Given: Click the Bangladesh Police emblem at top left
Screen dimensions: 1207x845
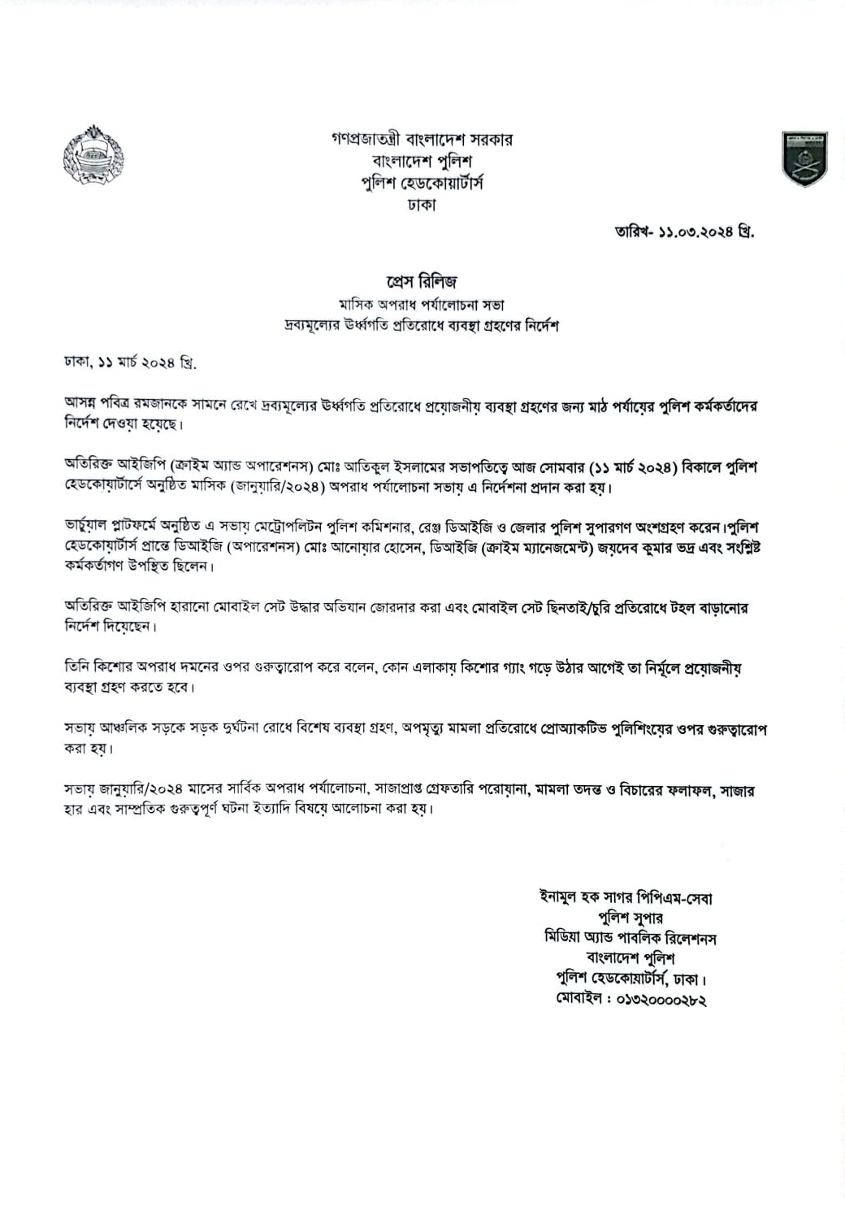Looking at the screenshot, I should click(87, 155).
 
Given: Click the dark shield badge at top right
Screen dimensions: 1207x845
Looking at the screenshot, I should click(804, 158).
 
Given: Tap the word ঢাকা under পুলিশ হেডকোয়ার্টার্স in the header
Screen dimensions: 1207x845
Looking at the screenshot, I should click(422, 205).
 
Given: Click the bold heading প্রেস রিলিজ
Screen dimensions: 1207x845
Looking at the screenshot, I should click(422, 281).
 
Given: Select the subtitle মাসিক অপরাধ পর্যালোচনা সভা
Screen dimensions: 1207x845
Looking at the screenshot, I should click(422, 305).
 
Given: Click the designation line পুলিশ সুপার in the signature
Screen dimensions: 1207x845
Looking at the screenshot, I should click(629, 918).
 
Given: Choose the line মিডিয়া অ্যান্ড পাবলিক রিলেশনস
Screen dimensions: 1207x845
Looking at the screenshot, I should click(629, 938).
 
